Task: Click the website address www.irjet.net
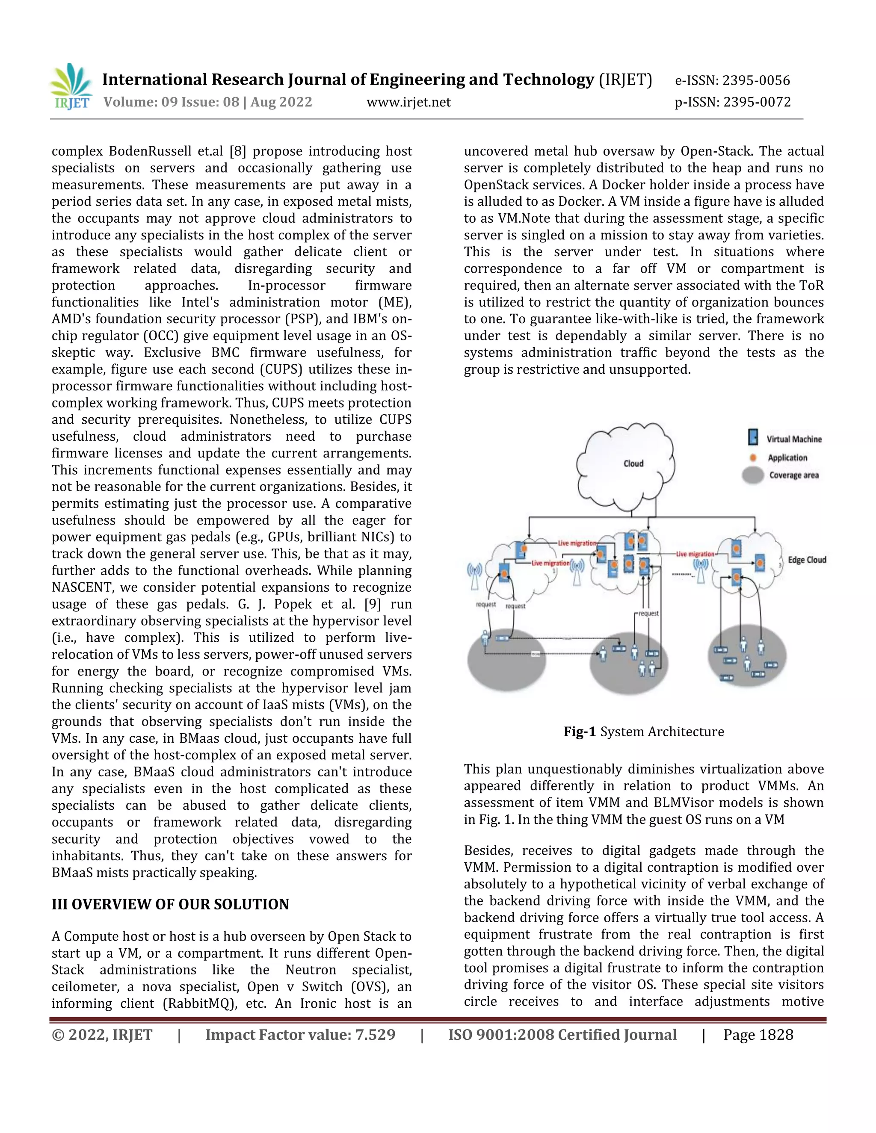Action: point(408,102)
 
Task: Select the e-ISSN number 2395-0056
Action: point(756,80)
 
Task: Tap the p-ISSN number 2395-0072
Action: point(757,102)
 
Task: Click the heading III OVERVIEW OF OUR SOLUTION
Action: point(170,904)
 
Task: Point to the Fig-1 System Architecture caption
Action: point(643,732)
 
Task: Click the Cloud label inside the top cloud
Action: point(633,464)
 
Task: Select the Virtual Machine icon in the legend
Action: point(752,438)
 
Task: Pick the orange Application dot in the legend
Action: point(754,457)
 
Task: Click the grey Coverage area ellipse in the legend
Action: point(752,475)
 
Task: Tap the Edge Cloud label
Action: point(806,560)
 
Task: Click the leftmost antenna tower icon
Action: point(474,576)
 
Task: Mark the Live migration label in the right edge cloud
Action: point(695,554)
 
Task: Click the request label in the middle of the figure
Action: point(648,613)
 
